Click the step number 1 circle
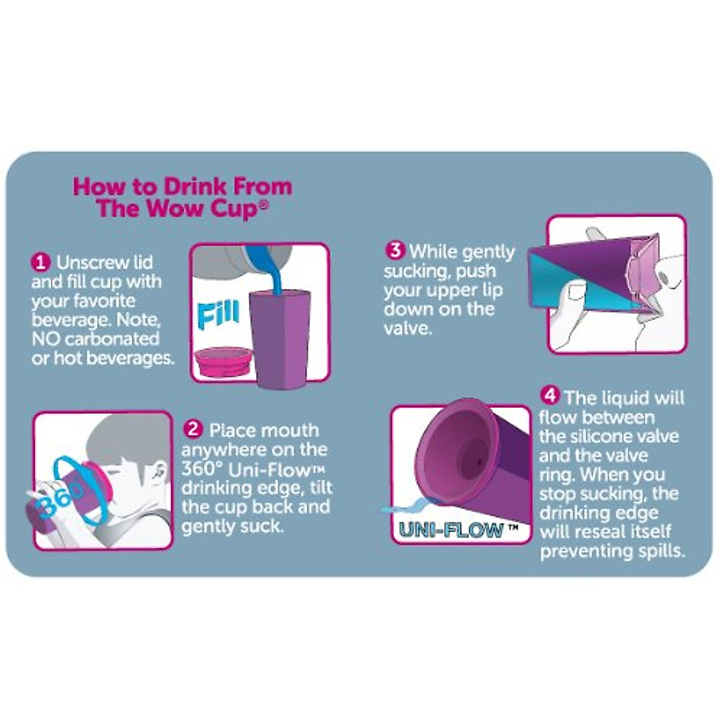41,263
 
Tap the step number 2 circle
193,429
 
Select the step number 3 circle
395,250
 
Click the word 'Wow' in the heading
175,208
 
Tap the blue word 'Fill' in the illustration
218,315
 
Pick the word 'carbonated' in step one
112,339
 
